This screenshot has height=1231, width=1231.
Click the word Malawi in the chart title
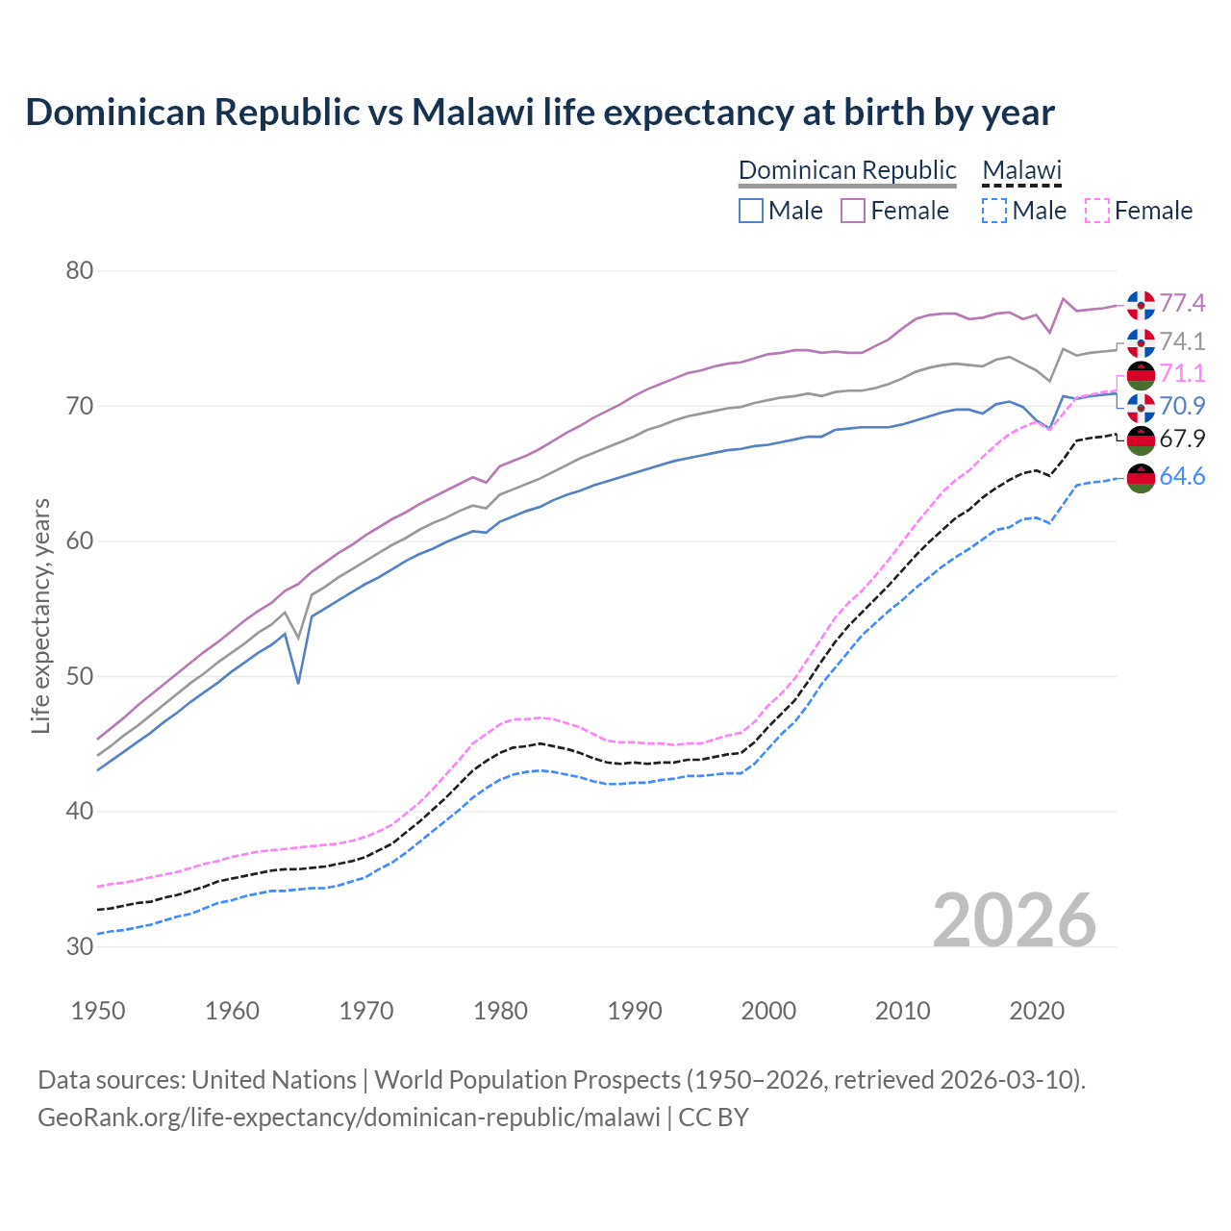click(x=472, y=113)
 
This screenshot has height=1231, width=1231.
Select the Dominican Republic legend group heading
click(x=847, y=170)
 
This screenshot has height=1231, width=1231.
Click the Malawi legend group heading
click(x=1021, y=170)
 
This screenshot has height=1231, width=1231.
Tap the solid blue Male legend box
click(x=751, y=211)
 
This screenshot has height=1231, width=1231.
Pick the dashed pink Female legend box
click(x=1097, y=211)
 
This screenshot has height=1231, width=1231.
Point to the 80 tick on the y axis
click(x=80, y=271)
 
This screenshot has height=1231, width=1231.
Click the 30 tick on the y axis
click(x=80, y=946)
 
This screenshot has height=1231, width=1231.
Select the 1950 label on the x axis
click(x=98, y=1011)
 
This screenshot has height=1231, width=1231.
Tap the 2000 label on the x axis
click(x=768, y=1011)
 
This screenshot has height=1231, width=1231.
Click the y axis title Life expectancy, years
click(x=40, y=615)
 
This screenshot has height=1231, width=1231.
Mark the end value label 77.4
click(x=1182, y=304)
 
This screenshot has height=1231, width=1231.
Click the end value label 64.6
click(x=1182, y=477)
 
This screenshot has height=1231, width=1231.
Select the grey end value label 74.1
click(x=1182, y=342)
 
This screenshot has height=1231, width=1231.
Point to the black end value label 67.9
click(x=1182, y=440)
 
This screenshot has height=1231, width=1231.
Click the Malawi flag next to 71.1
click(x=1141, y=375)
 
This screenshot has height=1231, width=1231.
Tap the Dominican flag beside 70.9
click(x=1141, y=408)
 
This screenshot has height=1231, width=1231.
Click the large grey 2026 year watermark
click(x=1015, y=920)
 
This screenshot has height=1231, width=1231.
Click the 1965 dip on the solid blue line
click(x=298, y=682)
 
